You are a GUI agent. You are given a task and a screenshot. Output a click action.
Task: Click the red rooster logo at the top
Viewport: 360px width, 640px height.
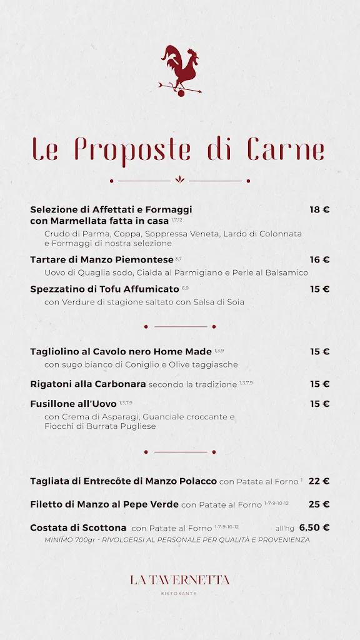pyautogui.click(x=180, y=69)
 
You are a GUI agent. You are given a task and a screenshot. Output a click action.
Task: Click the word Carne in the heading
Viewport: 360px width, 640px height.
pyautogui.click(x=286, y=149)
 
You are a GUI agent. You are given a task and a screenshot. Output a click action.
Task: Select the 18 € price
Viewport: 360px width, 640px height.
pyautogui.click(x=319, y=209)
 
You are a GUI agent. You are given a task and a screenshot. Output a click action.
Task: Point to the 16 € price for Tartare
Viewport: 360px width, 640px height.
pyautogui.click(x=319, y=259)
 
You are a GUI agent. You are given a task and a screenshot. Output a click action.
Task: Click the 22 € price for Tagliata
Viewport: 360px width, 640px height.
pyautogui.click(x=319, y=481)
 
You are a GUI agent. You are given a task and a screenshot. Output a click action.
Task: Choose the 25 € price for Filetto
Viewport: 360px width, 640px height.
pyautogui.click(x=319, y=504)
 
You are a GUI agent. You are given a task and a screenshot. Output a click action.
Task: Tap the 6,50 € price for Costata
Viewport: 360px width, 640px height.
pyautogui.click(x=314, y=527)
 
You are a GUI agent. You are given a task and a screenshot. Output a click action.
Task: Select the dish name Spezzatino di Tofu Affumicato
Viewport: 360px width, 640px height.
pyautogui.click(x=104, y=289)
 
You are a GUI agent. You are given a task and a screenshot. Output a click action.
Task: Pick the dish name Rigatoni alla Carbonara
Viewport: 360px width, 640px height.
pyautogui.click(x=88, y=384)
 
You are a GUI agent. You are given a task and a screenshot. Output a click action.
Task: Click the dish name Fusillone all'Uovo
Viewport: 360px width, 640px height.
pyautogui.click(x=73, y=404)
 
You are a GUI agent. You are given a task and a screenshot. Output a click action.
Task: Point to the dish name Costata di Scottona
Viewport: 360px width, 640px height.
pyautogui.click(x=78, y=527)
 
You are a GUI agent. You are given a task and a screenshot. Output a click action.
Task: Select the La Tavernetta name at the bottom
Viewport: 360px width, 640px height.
pyautogui.click(x=180, y=580)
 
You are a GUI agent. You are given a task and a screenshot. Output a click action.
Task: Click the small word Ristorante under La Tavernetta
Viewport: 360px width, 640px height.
pyautogui.click(x=180, y=593)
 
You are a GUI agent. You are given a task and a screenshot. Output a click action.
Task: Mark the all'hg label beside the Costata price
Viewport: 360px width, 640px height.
pyautogui.click(x=285, y=528)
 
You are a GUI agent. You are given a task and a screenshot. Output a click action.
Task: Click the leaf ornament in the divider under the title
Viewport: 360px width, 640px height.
pyautogui.click(x=180, y=180)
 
